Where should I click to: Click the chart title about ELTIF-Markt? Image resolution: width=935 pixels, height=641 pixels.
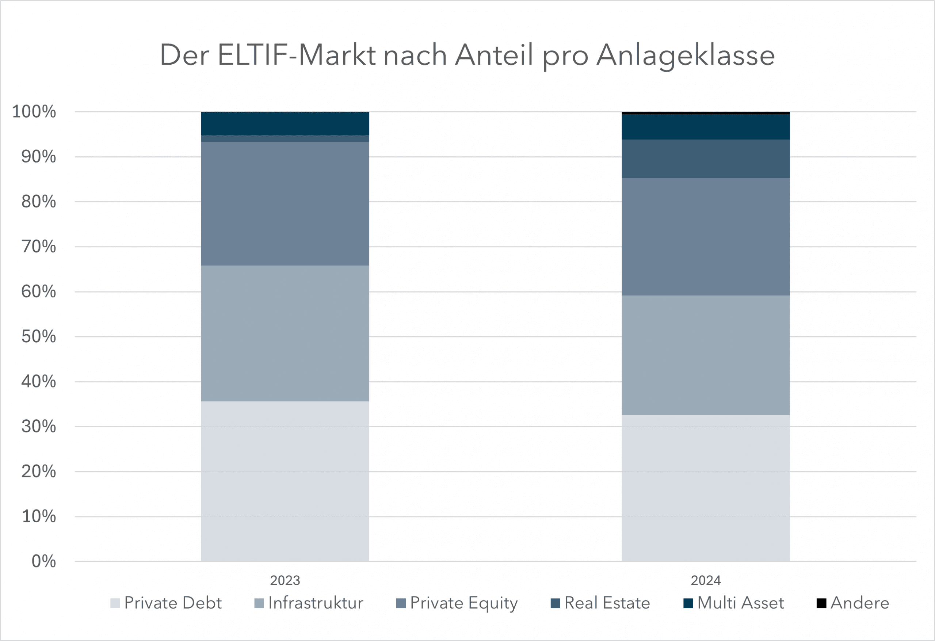467,55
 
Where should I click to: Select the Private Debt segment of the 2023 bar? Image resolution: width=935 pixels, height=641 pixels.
285,481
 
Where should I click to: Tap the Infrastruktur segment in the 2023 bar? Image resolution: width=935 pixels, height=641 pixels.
285,333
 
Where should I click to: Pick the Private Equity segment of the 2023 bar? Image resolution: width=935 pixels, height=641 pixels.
285,203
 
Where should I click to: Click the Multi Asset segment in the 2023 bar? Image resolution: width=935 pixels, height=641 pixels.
285,123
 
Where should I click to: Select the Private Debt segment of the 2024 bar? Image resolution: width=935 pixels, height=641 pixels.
706,488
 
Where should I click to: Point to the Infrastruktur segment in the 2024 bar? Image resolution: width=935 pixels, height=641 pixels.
706,355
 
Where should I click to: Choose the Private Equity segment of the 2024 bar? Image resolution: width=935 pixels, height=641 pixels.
706,237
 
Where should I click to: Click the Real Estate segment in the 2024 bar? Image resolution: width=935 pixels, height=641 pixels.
706,159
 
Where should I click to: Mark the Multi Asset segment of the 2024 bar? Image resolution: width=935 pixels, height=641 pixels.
706,127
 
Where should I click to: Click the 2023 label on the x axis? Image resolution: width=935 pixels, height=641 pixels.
285,580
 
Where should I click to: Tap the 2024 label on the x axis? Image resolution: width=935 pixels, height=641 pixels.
706,580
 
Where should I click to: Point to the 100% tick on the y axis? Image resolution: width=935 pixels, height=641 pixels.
34,111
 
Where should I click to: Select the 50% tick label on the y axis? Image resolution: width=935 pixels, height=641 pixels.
39,336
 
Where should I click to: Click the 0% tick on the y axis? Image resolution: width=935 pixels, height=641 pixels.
43,561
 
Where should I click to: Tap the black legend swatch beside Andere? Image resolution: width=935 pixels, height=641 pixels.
821,603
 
